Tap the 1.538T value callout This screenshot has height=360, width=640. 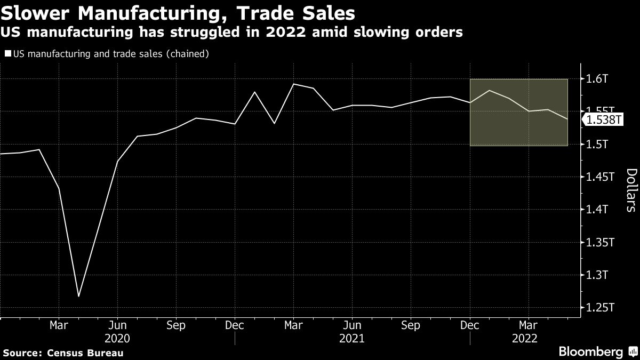point(604,120)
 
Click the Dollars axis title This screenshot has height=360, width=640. point(630,190)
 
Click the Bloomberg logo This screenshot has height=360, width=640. point(590,352)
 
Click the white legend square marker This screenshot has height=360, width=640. point(7,54)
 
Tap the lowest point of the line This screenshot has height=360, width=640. point(78,297)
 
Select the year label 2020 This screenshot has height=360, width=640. point(117,339)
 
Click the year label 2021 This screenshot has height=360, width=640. point(352,339)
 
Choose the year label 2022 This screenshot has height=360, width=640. point(524,339)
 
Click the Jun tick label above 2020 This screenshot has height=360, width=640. point(117,325)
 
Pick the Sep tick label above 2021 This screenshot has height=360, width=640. point(411,325)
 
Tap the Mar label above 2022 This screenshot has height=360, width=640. point(529,325)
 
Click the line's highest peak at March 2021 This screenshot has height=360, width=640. point(294,84)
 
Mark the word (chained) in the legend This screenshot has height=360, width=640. point(186,54)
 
